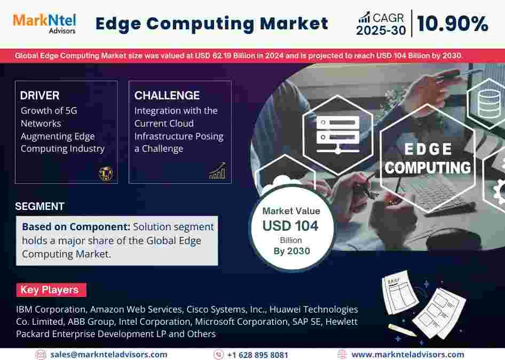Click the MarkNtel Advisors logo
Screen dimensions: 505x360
pos(44,24)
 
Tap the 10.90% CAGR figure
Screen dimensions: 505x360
pos(452,24)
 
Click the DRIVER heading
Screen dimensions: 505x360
pos(40,96)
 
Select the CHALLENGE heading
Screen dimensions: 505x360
pos(167,96)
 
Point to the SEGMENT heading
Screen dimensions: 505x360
pos(40,206)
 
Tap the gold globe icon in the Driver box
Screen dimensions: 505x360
pos(105,174)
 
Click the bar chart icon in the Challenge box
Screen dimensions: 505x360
pos(218,171)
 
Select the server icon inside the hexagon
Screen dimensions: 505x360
pos(338,135)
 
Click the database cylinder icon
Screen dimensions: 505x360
pos(489,104)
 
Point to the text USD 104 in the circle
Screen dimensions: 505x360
pos(290,225)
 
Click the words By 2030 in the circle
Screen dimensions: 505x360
pos(292,251)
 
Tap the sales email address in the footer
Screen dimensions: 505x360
pos(109,355)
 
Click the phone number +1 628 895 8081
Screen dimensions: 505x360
pos(257,355)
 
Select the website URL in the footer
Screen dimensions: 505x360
pos(408,355)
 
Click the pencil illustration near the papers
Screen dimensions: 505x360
pos(403,330)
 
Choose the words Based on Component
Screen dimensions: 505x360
pos(76,227)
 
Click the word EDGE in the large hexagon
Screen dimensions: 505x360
pos(428,149)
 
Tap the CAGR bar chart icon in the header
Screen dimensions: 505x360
pos(364,18)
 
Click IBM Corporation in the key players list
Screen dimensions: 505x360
pos(51,309)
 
